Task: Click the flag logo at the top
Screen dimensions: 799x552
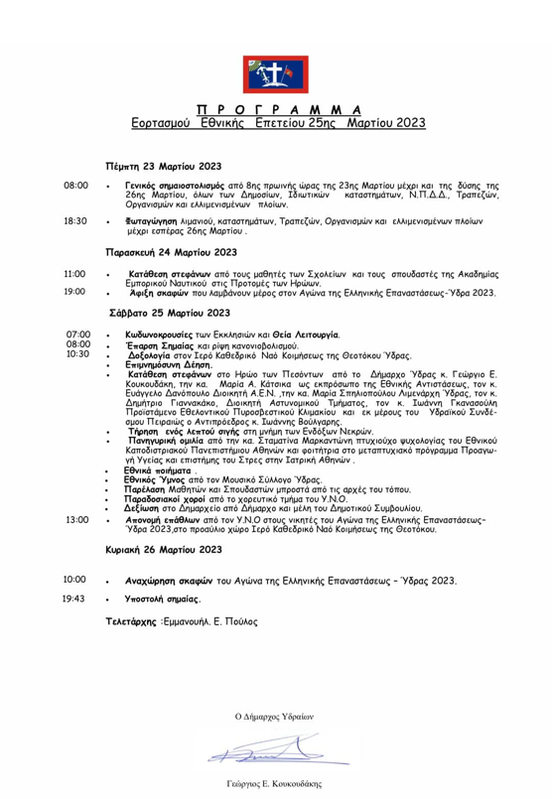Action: click(276, 74)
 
